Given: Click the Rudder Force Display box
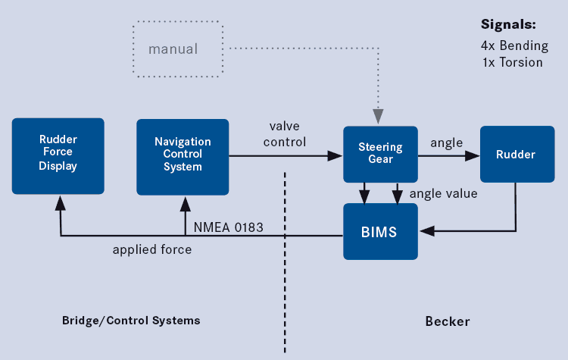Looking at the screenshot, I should (58, 155).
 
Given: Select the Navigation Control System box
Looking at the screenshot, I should (183, 156).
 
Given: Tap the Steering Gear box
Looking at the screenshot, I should (379, 154).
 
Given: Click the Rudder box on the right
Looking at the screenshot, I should (515, 155).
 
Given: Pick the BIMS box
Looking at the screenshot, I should (379, 231).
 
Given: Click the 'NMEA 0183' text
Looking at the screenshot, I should (228, 226).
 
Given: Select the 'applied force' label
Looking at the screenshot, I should (151, 249).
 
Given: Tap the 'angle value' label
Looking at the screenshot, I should (443, 193).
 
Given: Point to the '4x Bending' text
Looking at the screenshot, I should (512, 45).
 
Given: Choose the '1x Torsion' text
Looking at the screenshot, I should (512, 62).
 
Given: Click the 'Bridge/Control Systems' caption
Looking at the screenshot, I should (131, 320).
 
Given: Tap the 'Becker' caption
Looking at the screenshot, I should (448, 321).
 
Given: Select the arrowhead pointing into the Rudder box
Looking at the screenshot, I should (473, 155).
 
